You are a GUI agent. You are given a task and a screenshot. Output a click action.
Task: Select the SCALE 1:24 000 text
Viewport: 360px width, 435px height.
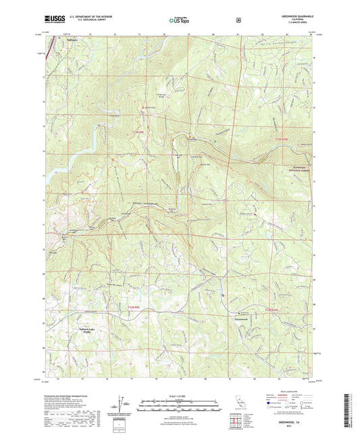pos(180,395)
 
